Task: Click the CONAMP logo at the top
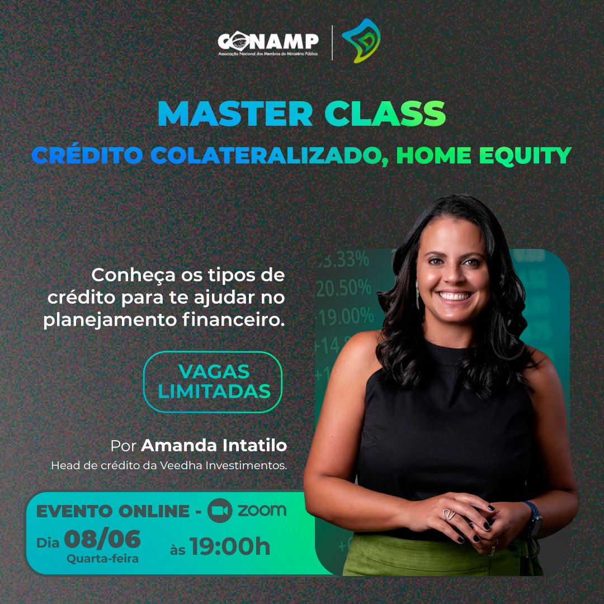coord(268,43)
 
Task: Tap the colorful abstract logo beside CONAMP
coord(361,41)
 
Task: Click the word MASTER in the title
coord(235,114)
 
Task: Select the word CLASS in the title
coord(385,114)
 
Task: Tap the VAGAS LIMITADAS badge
coord(213,382)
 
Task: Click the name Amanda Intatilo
coord(214,446)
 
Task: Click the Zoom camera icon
coord(220,511)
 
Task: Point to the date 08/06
coord(102,539)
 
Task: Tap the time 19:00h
coord(230,546)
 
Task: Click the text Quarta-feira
coord(102,559)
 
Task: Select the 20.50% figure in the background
coord(343,288)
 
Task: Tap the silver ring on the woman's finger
coord(448,515)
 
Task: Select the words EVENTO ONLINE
coord(113,511)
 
